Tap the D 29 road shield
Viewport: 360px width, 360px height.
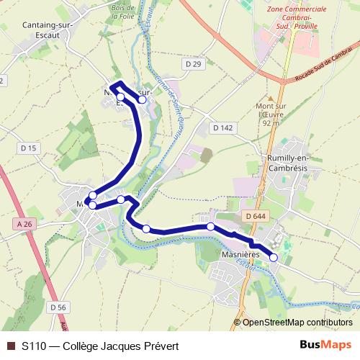193,64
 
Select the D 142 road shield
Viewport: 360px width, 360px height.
222,127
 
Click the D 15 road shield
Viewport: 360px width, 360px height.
29,148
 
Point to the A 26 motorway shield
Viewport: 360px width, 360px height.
24,224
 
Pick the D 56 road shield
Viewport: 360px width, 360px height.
58,307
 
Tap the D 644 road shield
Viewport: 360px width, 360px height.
256,216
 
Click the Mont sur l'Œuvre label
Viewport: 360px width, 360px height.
271,114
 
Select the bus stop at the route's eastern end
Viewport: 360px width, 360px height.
274,257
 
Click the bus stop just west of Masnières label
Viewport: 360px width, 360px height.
210,227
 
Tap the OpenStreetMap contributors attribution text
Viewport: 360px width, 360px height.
297,323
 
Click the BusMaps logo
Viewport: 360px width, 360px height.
325,345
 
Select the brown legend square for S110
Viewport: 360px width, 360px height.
10,346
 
